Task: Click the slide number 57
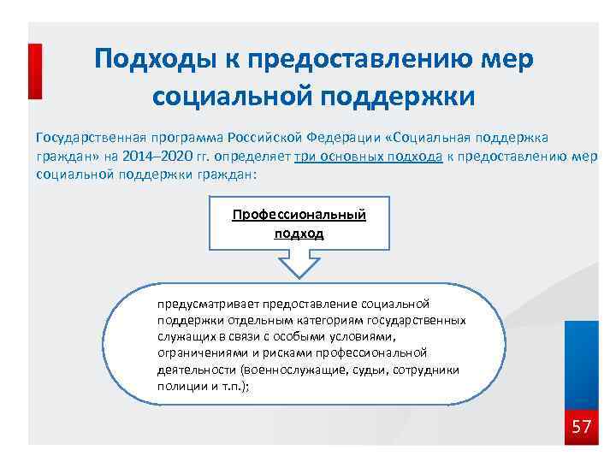point(581,426)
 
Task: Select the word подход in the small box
point(299,232)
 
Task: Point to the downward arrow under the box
point(299,266)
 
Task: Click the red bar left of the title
point(35,72)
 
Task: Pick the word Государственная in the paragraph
point(86,138)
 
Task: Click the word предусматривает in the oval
point(209,304)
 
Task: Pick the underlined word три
point(305,156)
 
